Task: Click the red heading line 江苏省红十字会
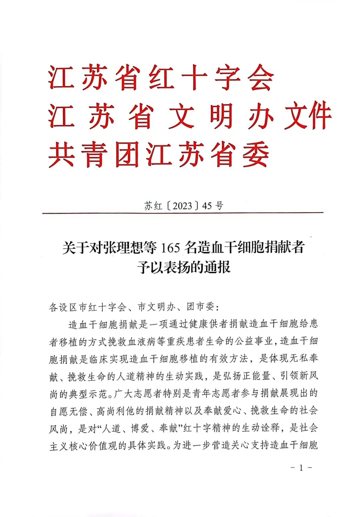click(x=161, y=78)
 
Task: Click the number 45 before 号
click(x=207, y=206)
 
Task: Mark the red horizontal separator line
click(x=183, y=213)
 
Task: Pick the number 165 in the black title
click(x=170, y=248)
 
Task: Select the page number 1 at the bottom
click(x=301, y=468)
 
